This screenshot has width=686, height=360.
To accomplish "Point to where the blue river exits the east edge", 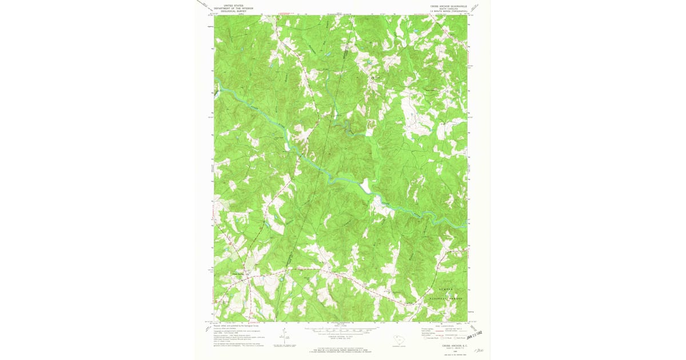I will point(465,227).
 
